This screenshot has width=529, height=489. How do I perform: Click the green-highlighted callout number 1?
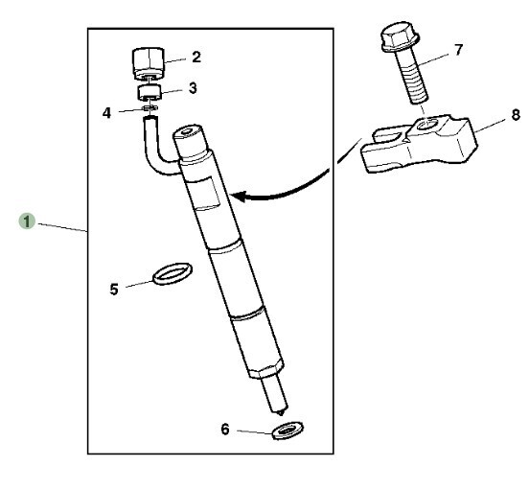coord(27,221)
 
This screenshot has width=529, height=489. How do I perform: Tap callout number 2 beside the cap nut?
coord(196,57)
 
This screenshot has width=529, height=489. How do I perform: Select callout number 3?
coord(193,88)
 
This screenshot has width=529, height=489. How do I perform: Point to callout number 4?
coord(106,113)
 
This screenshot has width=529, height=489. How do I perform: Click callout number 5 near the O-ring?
coord(114,290)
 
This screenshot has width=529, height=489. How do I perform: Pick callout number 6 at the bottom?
coord(225,430)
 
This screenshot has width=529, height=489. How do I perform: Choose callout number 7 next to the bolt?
coord(458,50)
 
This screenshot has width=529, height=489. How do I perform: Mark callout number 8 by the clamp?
coord(516,115)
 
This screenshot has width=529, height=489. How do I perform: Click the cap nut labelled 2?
coord(148,64)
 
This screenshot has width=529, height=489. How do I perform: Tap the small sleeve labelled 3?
coord(149,92)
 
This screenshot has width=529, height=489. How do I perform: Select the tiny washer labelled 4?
coord(150,107)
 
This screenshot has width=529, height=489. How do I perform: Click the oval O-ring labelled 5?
coord(172,273)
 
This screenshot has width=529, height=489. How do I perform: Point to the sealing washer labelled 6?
coord(287,431)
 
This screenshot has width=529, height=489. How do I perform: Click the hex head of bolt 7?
coord(401,36)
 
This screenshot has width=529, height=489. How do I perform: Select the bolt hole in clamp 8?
coord(426,125)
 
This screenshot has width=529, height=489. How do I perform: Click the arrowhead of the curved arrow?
coord(238,196)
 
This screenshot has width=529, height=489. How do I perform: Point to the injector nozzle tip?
coord(280,411)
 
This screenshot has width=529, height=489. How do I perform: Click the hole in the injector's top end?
coord(186,132)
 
